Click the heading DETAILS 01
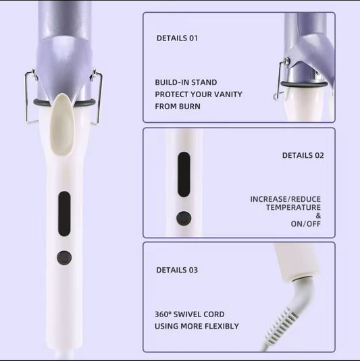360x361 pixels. (177, 38)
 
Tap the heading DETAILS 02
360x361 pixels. (303, 155)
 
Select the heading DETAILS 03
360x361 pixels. (177, 270)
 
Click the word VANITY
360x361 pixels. (228, 94)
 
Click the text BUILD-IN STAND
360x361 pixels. (186, 82)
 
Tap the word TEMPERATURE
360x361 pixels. (293, 207)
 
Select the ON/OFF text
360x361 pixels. (305, 224)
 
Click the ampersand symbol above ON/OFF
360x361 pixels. (318, 216)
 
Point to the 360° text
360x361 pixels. (163, 314)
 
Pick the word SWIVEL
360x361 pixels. (186, 314)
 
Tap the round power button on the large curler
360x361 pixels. (64, 258)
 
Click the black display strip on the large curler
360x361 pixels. (64, 213)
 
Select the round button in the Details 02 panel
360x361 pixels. (184, 218)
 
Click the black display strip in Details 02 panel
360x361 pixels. (184, 174)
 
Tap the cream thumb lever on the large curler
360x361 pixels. (61, 125)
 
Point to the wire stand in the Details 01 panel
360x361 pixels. (278, 80)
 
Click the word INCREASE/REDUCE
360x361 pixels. (285, 199)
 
